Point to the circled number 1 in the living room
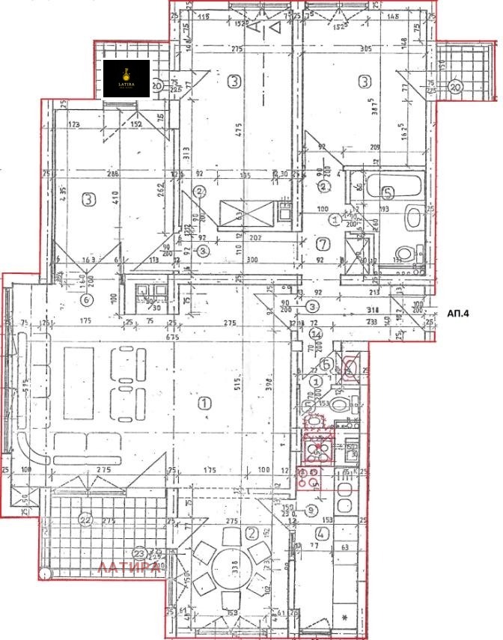coord(203,404)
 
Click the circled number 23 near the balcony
coord(138,554)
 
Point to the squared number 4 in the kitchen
coord(320,534)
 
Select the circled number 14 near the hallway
coord(317,334)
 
